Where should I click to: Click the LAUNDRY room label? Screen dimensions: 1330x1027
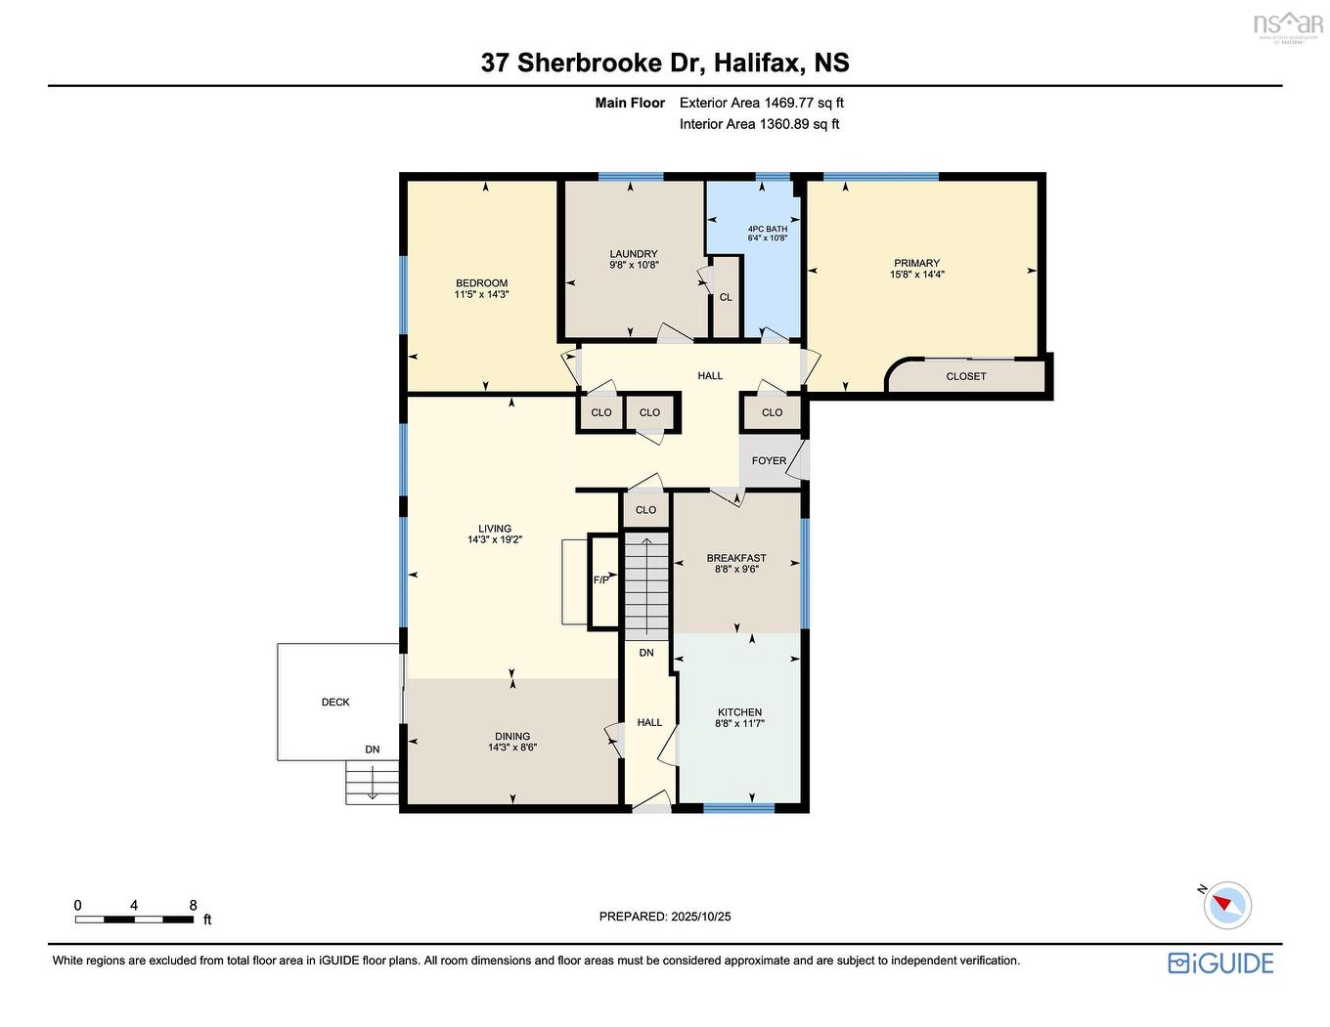[634, 254]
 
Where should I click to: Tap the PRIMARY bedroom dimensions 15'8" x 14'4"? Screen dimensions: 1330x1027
[917, 275]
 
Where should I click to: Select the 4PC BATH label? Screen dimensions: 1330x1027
[768, 230]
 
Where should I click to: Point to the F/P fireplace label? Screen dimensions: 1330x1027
[601, 580]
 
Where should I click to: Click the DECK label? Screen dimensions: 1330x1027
[335, 703]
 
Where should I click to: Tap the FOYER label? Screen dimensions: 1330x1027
[769, 461]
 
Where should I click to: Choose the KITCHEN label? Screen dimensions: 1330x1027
[740, 712]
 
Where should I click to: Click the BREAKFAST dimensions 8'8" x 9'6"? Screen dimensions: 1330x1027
[737, 569]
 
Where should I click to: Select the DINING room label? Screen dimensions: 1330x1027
[512, 737]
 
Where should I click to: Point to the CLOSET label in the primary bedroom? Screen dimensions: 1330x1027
[966, 376]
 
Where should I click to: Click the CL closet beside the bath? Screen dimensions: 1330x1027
[726, 298]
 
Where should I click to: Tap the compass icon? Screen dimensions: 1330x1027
[1226, 906]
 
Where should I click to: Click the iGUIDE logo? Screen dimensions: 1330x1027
[1221, 964]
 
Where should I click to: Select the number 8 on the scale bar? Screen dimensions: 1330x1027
[194, 906]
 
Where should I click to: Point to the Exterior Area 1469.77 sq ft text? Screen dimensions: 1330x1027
[762, 103]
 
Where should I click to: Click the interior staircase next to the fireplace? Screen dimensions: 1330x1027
[645, 586]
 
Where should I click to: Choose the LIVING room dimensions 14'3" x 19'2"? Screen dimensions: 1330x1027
[495, 539]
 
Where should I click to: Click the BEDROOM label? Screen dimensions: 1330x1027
[482, 283]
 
